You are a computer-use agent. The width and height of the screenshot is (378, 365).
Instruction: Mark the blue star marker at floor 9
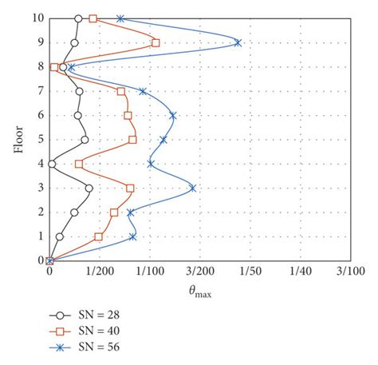(238, 43)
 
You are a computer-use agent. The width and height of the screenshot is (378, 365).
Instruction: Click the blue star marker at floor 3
(192, 188)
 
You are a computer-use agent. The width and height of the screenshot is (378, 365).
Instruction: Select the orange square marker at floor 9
(156, 43)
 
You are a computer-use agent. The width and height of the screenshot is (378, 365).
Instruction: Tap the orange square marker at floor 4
(78, 165)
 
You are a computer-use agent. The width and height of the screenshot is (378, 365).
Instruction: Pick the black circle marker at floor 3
(89, 188)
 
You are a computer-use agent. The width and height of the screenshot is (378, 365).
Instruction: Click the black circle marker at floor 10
(78, 18)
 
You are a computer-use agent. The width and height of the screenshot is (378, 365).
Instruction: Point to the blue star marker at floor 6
(172, 116)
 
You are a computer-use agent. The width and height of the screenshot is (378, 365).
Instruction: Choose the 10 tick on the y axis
(37, 18)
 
